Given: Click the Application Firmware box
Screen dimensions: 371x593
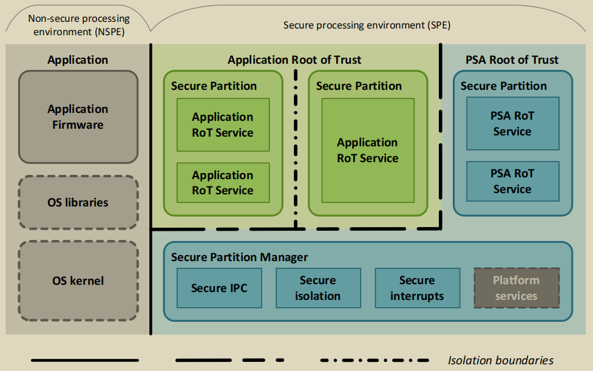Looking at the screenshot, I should tap(78, 117).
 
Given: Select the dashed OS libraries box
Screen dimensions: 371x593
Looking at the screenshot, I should tap(78, 202).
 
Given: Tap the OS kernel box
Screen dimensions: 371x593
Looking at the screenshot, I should tap(78, 281).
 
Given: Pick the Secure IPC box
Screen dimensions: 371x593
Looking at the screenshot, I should tap(219, 288).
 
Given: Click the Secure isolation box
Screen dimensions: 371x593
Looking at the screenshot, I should tap(317, 288).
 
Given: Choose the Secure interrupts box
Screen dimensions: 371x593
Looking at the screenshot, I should tap(417, 288).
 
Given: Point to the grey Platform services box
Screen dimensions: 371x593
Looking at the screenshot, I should tap(516, 288).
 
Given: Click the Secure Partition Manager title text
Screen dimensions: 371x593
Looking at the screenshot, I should tap(239, 257).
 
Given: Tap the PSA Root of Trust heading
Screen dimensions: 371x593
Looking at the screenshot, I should tap(512, 60).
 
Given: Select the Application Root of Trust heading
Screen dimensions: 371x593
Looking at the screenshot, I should tap(294, 60).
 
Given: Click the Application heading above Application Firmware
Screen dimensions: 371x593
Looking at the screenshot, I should tap(78, 60).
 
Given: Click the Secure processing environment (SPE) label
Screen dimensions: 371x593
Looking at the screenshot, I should tap(367, 26).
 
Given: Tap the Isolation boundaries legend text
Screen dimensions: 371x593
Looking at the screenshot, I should tap(501, 360).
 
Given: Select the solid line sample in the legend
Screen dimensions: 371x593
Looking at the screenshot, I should tap(85, 360).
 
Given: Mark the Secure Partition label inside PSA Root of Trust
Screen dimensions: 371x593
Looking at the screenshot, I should tap(503, 86).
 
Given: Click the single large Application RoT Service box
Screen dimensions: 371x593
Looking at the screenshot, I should tap(368, 151).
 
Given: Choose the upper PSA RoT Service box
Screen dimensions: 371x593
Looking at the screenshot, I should tap(512, 124).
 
